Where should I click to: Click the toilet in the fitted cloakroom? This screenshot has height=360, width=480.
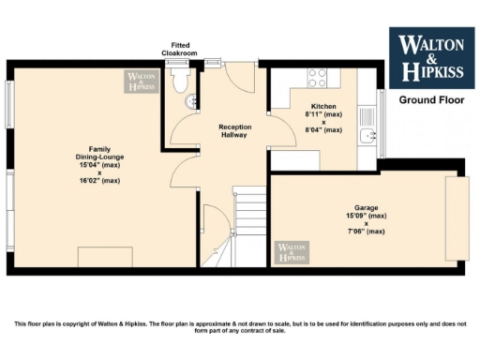point(181,82)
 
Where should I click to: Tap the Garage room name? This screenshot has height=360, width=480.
point(366,208)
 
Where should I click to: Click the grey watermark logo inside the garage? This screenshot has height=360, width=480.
point(292,251)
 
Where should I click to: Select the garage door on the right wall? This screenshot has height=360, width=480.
point(456,217)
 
